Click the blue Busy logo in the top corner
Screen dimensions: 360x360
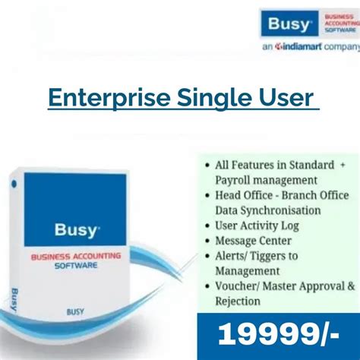click(289, 25)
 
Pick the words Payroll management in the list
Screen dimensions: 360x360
click(255, 180)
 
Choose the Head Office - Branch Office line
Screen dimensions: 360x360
click(276, 195)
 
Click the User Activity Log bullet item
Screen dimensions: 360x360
click(257, 226)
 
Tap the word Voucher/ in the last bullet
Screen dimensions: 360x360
click(238, 286)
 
